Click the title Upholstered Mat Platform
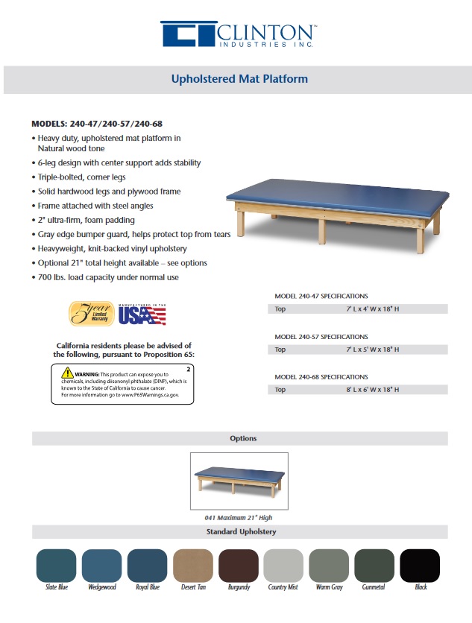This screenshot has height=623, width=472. (x=239, y=78)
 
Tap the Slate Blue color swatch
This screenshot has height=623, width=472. (x=57, y=566)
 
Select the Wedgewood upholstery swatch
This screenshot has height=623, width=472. (x=102, y=566)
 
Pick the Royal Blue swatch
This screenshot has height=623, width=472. (x=148, y=566)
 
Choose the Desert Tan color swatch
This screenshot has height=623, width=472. (x=193, y=566)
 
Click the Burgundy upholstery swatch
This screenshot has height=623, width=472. (x=239, y=566)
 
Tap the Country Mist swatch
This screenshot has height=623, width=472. (x=283, y=566)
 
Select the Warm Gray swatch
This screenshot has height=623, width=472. (x=329, y=566)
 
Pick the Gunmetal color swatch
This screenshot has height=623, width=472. (x=374, y=566)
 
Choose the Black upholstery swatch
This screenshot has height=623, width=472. (x=421, y=566)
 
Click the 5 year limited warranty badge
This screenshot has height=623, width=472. (x=91, y=314)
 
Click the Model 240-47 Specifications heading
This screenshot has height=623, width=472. (x=321, y=296)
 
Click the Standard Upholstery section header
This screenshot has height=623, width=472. (x=241, y=532)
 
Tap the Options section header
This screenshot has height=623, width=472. (x=243, y=438)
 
